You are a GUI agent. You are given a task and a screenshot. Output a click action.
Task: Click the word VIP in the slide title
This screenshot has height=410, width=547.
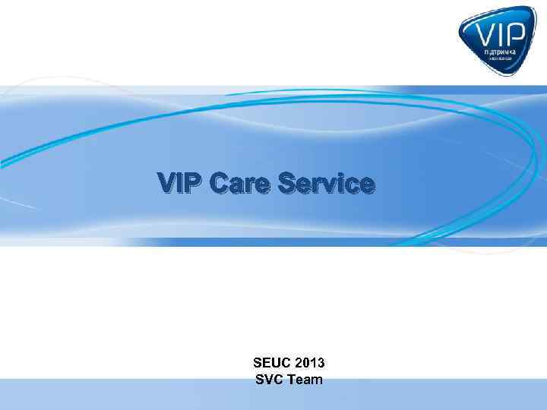pyautogui.click(x=180, y=184)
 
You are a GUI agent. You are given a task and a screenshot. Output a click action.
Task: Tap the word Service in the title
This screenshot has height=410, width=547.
pyautogui.click(x=326, y=184)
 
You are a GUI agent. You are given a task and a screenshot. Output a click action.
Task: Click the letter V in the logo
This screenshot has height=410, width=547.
pyautogui.click(x=482, y=33)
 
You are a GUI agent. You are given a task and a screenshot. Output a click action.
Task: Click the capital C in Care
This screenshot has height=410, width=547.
pyautogui.click(x=220, y=184)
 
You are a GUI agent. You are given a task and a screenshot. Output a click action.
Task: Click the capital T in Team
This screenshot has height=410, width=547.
pyautogui.click(x=293, y=379)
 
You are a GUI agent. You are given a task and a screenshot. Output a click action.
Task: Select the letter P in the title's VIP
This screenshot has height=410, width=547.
pyautogui.click(x=194, y=184)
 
